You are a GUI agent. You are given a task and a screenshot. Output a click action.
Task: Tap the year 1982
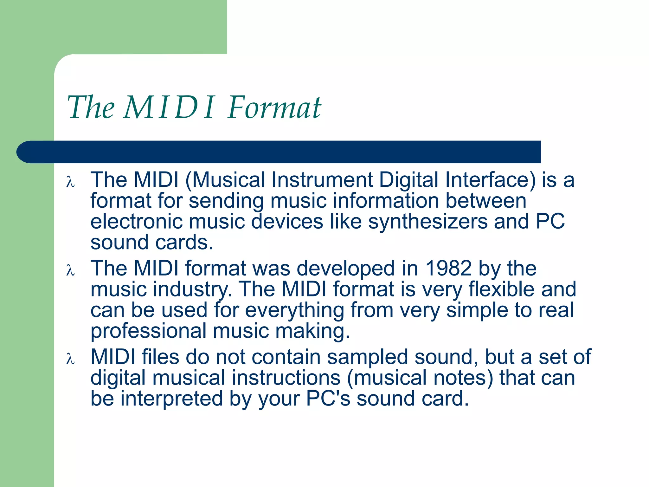448,268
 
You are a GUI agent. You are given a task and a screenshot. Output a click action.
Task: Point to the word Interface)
490,180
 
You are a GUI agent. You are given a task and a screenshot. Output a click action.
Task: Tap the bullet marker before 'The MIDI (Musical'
70,182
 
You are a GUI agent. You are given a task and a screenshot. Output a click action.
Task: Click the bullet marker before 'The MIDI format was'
70,270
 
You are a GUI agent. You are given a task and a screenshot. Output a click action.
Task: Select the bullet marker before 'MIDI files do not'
70,359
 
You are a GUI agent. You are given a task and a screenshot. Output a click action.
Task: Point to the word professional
148,331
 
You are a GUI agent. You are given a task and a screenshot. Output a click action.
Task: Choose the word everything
294,310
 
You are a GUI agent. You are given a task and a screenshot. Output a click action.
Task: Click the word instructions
286,378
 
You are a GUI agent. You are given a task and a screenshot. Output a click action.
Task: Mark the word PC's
328,399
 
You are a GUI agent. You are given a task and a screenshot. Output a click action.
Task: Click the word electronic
136,221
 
